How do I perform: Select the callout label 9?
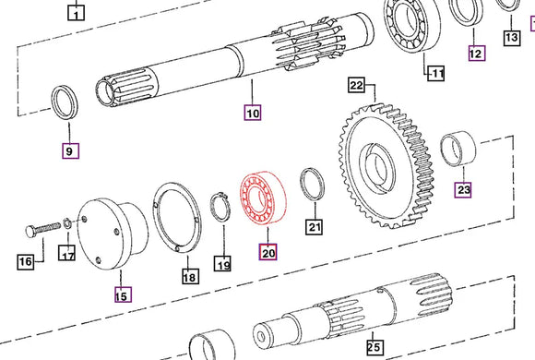70,150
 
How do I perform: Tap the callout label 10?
253,114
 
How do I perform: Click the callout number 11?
434,73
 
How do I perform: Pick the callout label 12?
475,54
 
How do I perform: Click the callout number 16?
27,262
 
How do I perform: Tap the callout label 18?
189,276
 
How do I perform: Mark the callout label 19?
222,265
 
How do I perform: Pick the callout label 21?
315,227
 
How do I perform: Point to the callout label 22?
357,86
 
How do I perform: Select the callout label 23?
463,190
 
